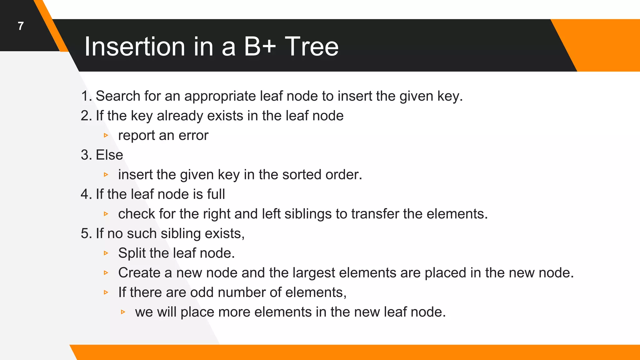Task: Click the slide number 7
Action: coord(21,26)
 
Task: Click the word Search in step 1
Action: coord(118,96)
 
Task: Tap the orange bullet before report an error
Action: coord(106,135)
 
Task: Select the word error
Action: coord(193,136)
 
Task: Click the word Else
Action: coord(109,155)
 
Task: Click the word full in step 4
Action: coord(216,194)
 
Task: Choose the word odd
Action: coord(202,292)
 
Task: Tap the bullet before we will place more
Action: coord(123,312)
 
